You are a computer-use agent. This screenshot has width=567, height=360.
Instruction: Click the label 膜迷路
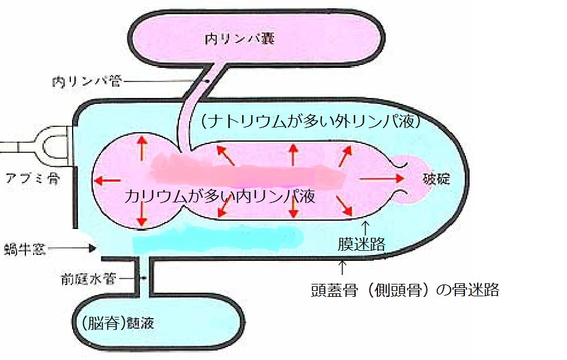[x=361, y=244]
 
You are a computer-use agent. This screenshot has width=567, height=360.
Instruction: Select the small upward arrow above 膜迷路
[x=365, y=227]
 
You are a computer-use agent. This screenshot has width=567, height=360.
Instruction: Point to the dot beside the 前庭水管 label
[x=144, y=276]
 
